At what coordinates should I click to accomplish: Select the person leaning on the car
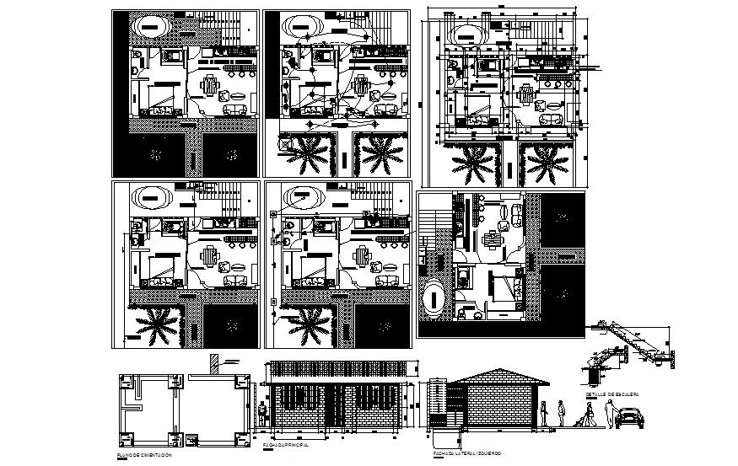pyautogui.click(x=609, y=413)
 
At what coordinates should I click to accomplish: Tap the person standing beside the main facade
pyautogui.click(x=263, y=415)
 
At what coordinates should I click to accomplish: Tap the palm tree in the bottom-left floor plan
pyautogui.click(x=155, y=326)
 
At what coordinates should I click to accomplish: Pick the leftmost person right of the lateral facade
pyautogui.click(x=544, y=413)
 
